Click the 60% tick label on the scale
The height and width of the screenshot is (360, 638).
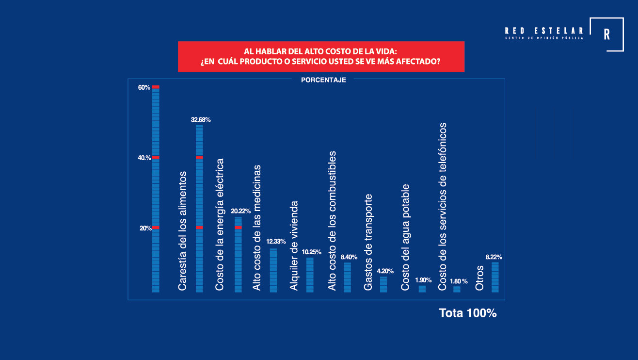[144, 88]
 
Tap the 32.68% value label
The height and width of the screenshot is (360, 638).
[201, 119]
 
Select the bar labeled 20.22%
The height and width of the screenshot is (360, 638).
[238, 255]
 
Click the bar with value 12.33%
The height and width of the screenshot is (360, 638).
[273, 270]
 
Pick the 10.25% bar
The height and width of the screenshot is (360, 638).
[310, 275]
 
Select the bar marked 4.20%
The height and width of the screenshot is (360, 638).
[383, 284]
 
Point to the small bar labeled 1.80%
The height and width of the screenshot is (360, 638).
[457, 289]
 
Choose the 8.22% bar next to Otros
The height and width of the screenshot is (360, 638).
[495, 277]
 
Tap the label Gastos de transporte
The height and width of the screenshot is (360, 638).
[368, 243]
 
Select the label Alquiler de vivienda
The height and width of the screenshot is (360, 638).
[294, 246]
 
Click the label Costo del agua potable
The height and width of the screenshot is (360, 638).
[406, 237]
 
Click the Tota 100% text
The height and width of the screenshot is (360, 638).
[467, 313]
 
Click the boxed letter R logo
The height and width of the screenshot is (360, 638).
[606, 34]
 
